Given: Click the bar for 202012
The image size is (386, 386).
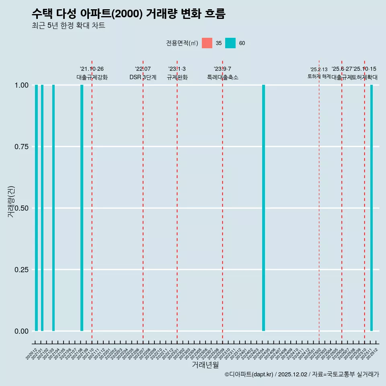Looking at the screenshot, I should [x=36, y=208].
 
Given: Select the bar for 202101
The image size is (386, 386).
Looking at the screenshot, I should [x=42, y=208].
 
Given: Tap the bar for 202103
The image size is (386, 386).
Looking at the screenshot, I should [x=53, y=208].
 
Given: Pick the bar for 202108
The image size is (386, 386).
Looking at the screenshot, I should [x=82, y=208].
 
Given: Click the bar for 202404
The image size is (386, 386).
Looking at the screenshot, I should [x=263, y=208].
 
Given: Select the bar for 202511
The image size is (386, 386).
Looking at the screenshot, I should [x=372, y=208].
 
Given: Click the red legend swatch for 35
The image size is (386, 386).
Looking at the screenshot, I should [x=207, y=43].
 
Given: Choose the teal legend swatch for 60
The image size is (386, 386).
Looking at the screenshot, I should [x=230, y=43].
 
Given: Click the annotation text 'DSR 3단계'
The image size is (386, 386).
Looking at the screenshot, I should [x=143, y=77].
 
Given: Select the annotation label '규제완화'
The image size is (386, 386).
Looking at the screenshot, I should [x=177, y=77].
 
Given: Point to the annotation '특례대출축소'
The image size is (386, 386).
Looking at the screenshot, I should [x=222, y=77].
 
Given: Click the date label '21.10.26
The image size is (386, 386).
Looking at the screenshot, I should [x=92, y=69].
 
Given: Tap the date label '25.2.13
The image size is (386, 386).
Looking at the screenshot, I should [x=319, y=70].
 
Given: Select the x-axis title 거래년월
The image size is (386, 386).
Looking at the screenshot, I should [x=205, y=365].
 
